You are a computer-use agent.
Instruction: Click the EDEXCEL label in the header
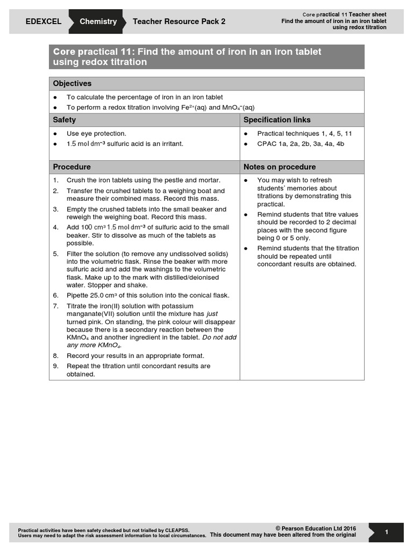pos(44,22)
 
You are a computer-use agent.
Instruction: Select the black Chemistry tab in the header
pos(98,22)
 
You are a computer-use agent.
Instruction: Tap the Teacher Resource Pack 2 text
pos(179,22)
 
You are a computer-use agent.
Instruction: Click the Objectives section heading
pos(72,83)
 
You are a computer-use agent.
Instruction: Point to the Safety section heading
pos(65,119)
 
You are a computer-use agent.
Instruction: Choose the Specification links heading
pos(277,119)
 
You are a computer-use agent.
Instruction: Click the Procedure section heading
pos(72,167)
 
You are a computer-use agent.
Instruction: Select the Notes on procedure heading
pos(280,167)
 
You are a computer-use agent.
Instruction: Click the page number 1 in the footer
pos(387,532)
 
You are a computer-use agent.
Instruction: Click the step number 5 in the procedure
pos(56,253)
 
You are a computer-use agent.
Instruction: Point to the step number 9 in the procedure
pos(56,366)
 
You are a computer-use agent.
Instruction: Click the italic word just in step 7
pos(213,313)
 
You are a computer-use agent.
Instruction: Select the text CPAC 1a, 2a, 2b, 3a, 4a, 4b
pos(301,144)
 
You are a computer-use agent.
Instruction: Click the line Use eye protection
pos(96,133)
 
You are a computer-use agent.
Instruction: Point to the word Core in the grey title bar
pos(64,52)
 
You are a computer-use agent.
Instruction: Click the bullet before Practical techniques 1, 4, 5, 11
pos(246,133)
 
